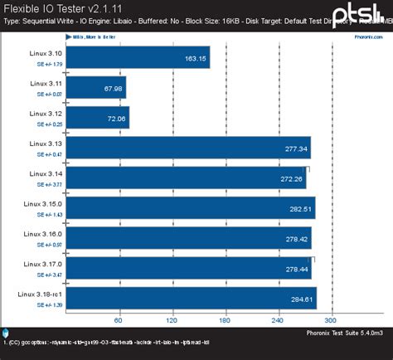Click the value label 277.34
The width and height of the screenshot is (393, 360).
click(x=296, y=149)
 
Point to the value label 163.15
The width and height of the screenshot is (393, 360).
click(x=196, y=58)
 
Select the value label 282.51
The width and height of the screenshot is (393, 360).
click(x=299, y=209)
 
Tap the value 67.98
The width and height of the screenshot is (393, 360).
click(x=113, y=89)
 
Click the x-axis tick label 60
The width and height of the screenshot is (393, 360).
click(x=119, y=320)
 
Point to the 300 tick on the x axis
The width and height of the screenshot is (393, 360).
click(x=331, y=320)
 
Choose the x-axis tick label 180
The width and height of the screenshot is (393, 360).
click(x=225, y=320)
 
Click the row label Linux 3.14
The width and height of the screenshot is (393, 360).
click(x=45, y=173)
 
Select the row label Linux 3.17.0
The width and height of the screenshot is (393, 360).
click(x=41, y=263)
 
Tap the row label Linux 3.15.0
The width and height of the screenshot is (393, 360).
click(x=41, y=203)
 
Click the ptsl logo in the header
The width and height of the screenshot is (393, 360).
click(x=357, y=14)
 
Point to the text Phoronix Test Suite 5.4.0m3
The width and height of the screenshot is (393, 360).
click(x=343, y=333)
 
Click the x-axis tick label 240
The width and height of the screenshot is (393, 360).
click(x=278, y=320)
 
